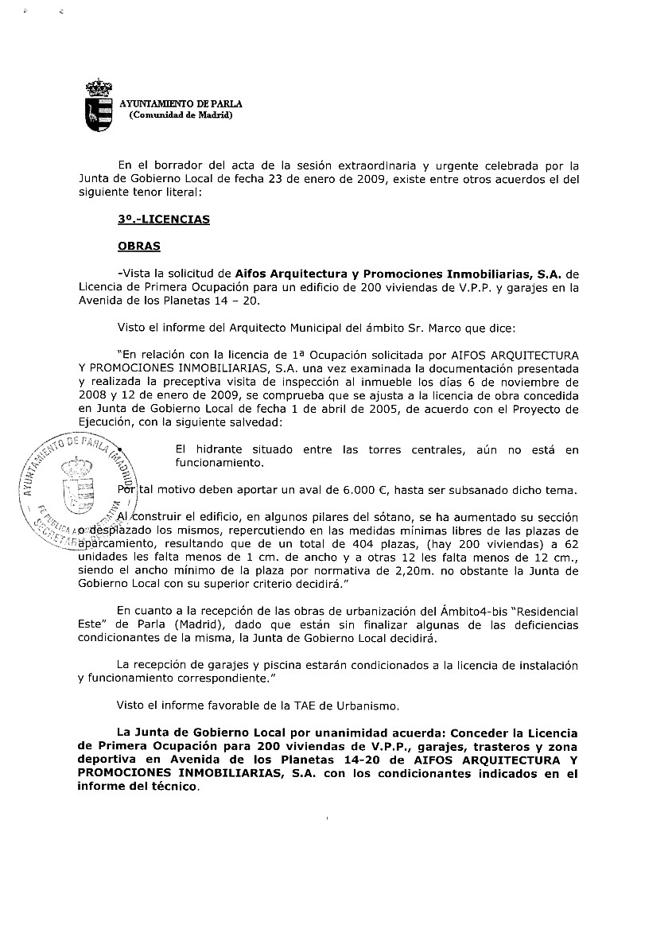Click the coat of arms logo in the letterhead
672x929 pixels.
99,105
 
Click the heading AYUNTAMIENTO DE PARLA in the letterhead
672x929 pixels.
181,104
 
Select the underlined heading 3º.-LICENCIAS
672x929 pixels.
163,220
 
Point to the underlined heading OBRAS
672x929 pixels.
138,246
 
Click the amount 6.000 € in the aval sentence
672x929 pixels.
348,488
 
